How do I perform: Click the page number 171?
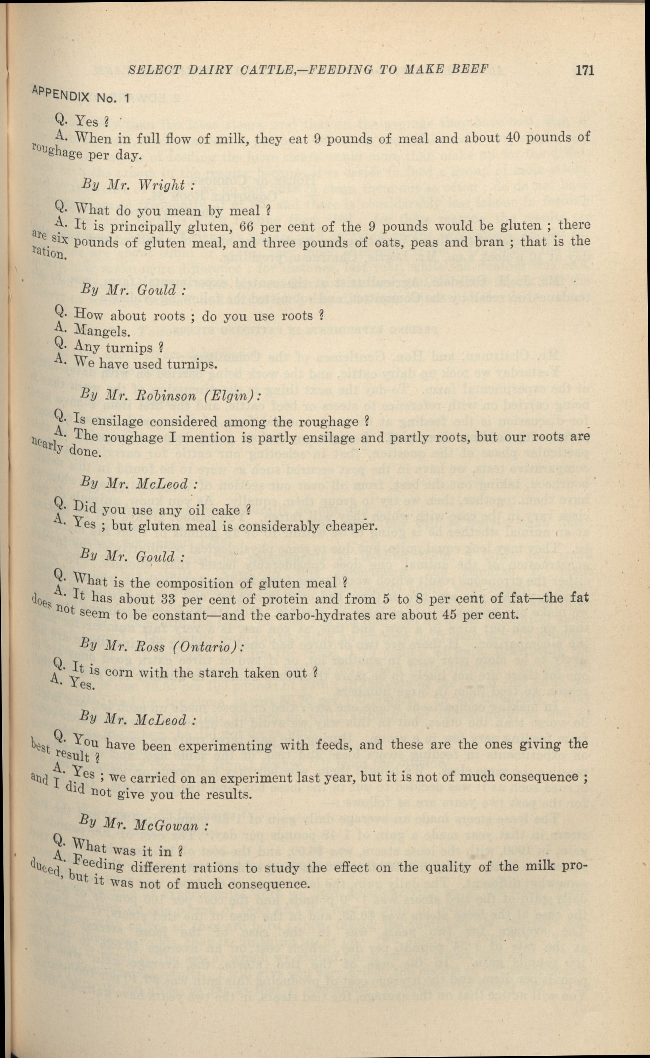[x=584, y=70]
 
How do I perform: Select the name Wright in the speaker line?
[x=161, y=185]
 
